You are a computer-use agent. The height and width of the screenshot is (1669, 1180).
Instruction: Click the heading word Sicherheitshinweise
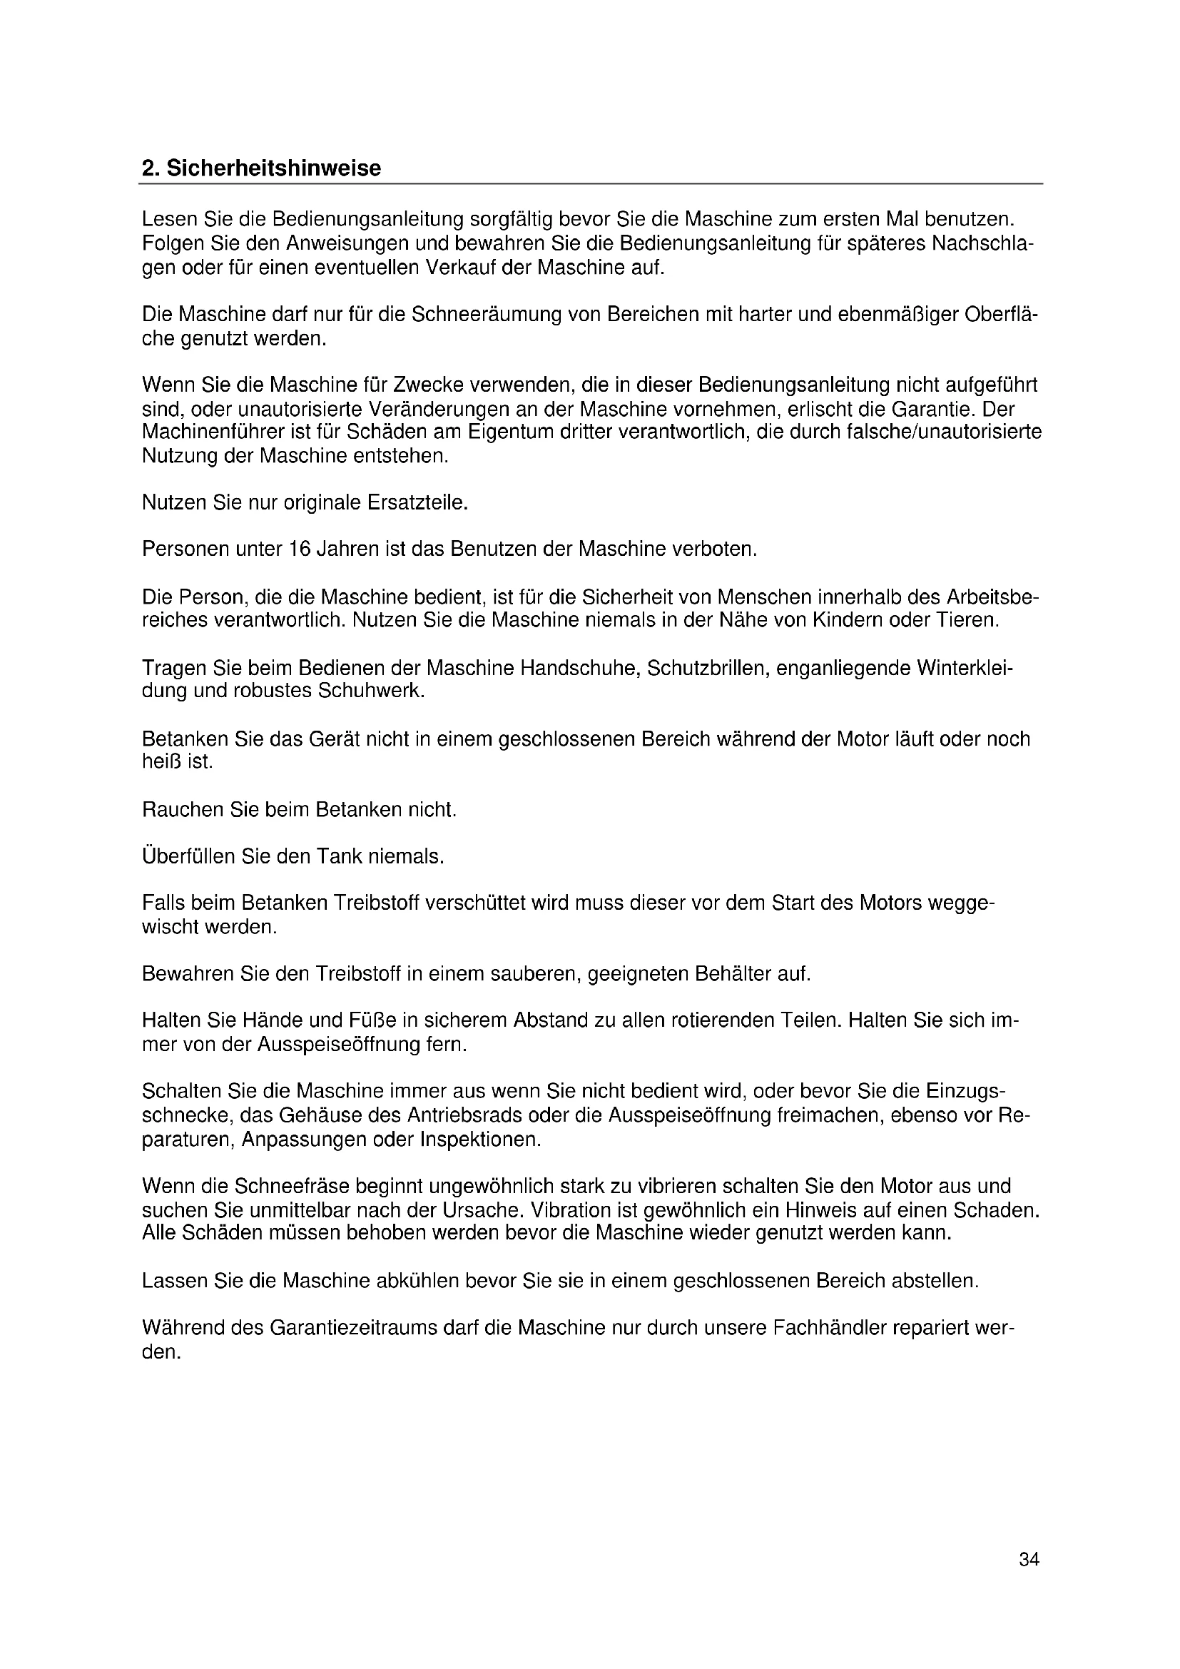(x=273, y=168)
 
